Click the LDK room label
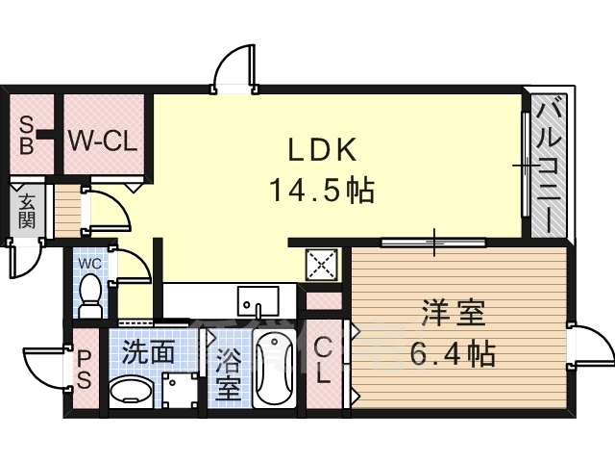coord(323,149)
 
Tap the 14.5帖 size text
coord(322,191)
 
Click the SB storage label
coord(26,136)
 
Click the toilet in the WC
coord(90,295)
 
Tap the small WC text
coord(89,263)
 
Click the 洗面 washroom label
coord(148,352)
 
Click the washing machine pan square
coord(180,391)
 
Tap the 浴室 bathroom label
coord(228,374)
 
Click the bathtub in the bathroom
coord(274,369)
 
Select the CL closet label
coord(324,362)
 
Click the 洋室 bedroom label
coord(453,312)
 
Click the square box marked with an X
coord(322,265)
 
